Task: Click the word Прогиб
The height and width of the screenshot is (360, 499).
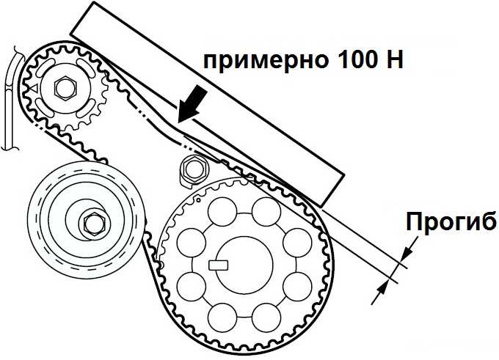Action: coord(451,221)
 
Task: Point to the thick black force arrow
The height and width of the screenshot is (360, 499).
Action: coord(192,103)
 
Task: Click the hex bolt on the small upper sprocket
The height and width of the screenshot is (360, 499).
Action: coord(65,88)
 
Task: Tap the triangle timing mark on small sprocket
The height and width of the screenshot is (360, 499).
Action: coord(35,88)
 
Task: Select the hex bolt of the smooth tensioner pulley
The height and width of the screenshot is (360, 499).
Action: coord(94,224)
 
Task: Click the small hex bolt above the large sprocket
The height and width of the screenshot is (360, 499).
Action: coord(194,169)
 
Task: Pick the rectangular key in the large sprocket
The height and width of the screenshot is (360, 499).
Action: coord(219,265)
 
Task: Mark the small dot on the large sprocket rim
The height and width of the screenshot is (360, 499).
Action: coord(198,200)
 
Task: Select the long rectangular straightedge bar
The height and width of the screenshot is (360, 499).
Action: coord(207,103)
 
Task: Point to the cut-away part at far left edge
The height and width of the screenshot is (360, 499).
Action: coord(12,98)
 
